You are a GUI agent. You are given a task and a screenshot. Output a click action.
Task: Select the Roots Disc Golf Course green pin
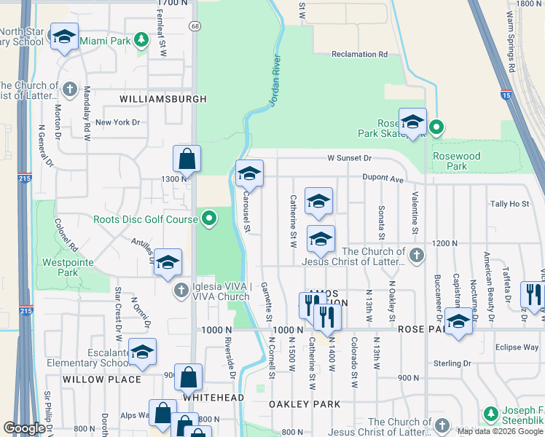tap(210, 219)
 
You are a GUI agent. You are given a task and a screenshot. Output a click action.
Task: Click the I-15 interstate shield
tap(506, 95)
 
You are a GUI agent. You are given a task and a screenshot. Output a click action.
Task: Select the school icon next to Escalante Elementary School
tap(143, 352)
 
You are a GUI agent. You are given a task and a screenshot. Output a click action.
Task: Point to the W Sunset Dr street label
tap(349, 157)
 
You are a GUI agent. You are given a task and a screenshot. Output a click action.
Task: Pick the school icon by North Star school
tap(64, 36)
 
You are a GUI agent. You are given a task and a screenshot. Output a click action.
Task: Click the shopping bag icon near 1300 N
tap(187, 157)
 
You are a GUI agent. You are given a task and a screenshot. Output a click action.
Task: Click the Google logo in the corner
tap(25, 428)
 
